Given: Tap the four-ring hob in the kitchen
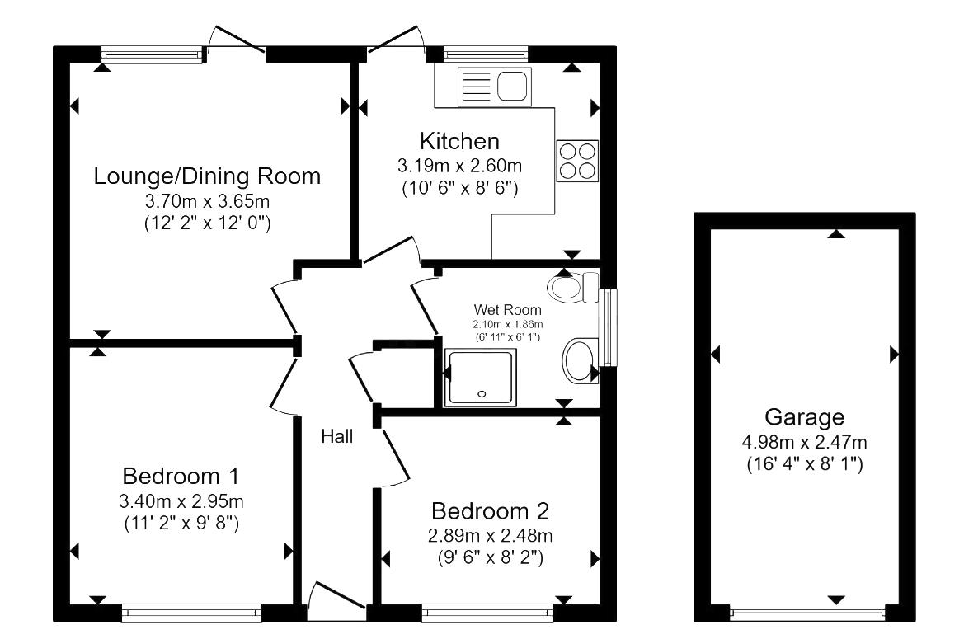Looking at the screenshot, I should point(577,161).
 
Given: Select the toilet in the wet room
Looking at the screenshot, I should point(571,287).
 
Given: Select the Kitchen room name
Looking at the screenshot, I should point(459,140).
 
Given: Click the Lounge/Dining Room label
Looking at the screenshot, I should point(206,176).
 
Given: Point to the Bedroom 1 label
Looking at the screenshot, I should point(181,476).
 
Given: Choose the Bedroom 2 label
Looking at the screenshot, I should point(490,510).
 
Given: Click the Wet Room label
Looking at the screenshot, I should point(507,310).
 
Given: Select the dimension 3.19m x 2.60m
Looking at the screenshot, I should point(459,166).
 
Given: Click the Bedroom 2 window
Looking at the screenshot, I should point(487,612).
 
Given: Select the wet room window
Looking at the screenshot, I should point(609,327).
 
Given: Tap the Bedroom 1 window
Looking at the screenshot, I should point(191,612).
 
